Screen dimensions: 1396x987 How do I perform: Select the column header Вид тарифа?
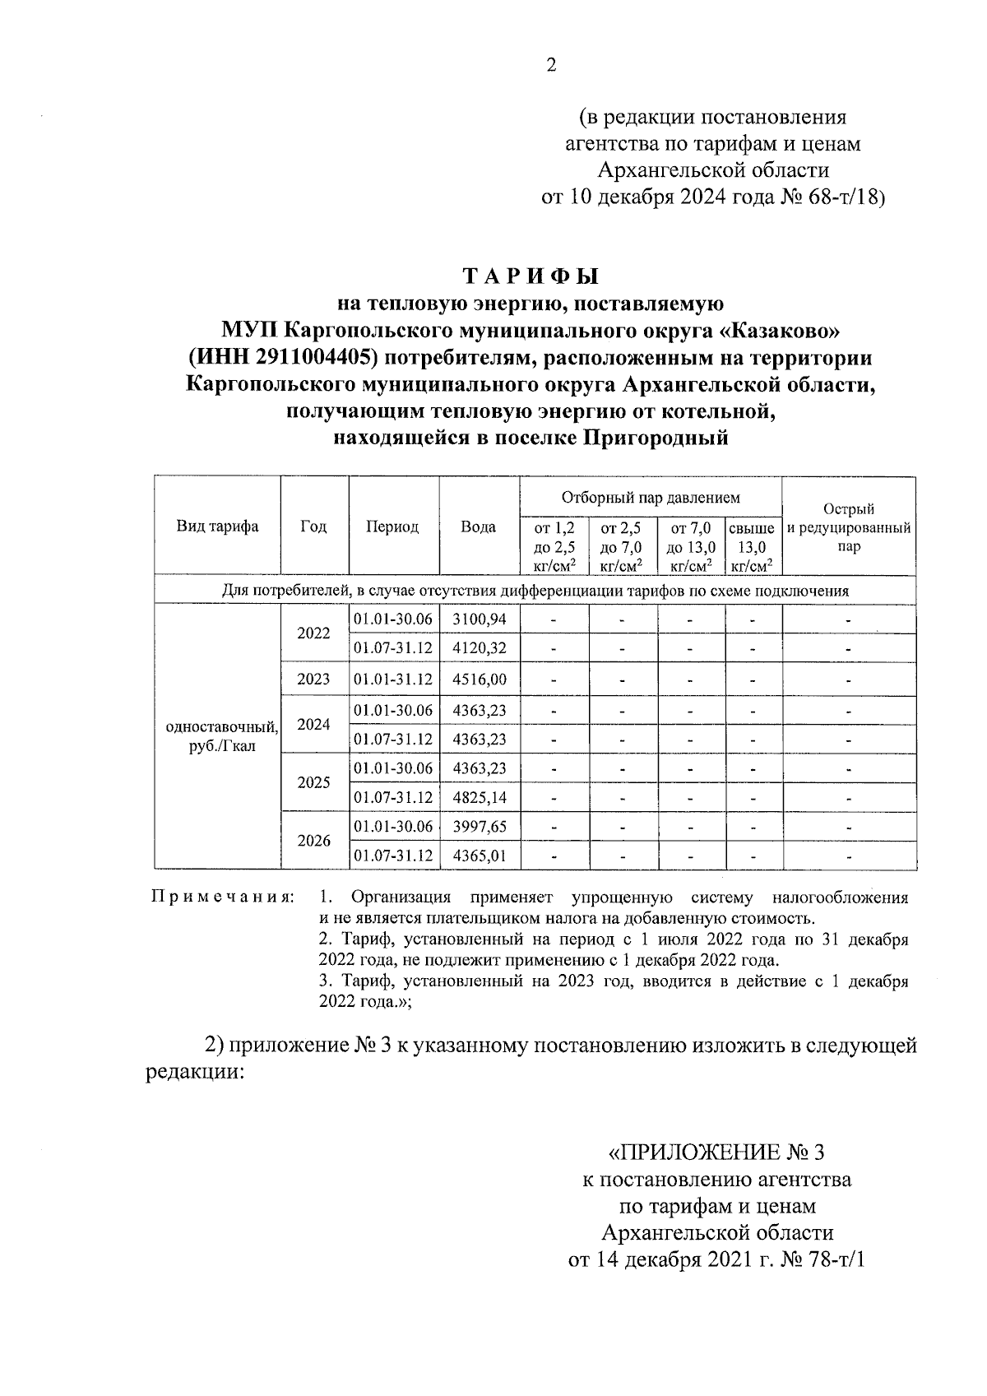217,526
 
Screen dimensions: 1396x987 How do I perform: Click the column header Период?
392,526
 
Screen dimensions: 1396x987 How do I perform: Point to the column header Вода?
478,526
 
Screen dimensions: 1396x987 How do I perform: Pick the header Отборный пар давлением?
650,498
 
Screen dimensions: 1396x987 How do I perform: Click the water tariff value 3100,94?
479,619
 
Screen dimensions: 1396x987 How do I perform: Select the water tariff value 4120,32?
479,647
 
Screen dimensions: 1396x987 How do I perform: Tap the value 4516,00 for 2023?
479,679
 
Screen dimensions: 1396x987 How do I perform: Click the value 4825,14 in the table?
479,797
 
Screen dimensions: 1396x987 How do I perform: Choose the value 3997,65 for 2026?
479,827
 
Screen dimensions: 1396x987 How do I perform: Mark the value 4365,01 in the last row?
479,856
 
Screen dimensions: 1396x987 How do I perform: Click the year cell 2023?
313,679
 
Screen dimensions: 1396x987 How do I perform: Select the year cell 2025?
313,782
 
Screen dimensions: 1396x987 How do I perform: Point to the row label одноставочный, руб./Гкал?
221,737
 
